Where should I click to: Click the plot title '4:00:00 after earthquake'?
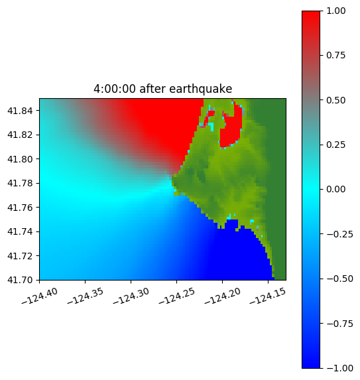(163, 89)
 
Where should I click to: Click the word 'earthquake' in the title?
(201, 89)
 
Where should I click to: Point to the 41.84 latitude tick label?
(20, 111)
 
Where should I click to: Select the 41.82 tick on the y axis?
(20, 135)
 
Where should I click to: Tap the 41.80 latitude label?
(20, 159)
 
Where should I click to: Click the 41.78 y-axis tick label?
(20, 183)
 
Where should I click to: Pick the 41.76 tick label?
(20, 207)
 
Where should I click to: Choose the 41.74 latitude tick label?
(20, 231)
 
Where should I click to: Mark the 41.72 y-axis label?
(20, 256)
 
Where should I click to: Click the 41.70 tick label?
(20, 280)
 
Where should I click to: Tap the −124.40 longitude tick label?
(40, 296)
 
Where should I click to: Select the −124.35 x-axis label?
(86, 296)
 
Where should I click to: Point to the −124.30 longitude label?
(131, 296)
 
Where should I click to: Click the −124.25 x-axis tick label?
(176, 296)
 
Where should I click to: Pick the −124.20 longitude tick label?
(222, 296)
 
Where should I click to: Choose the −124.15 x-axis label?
(268, 296)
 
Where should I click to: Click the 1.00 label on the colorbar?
(335, 11)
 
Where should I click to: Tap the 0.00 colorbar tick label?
(335, 189)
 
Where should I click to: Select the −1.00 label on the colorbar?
(339, 368)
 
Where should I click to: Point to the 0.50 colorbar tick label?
(335, 100)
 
